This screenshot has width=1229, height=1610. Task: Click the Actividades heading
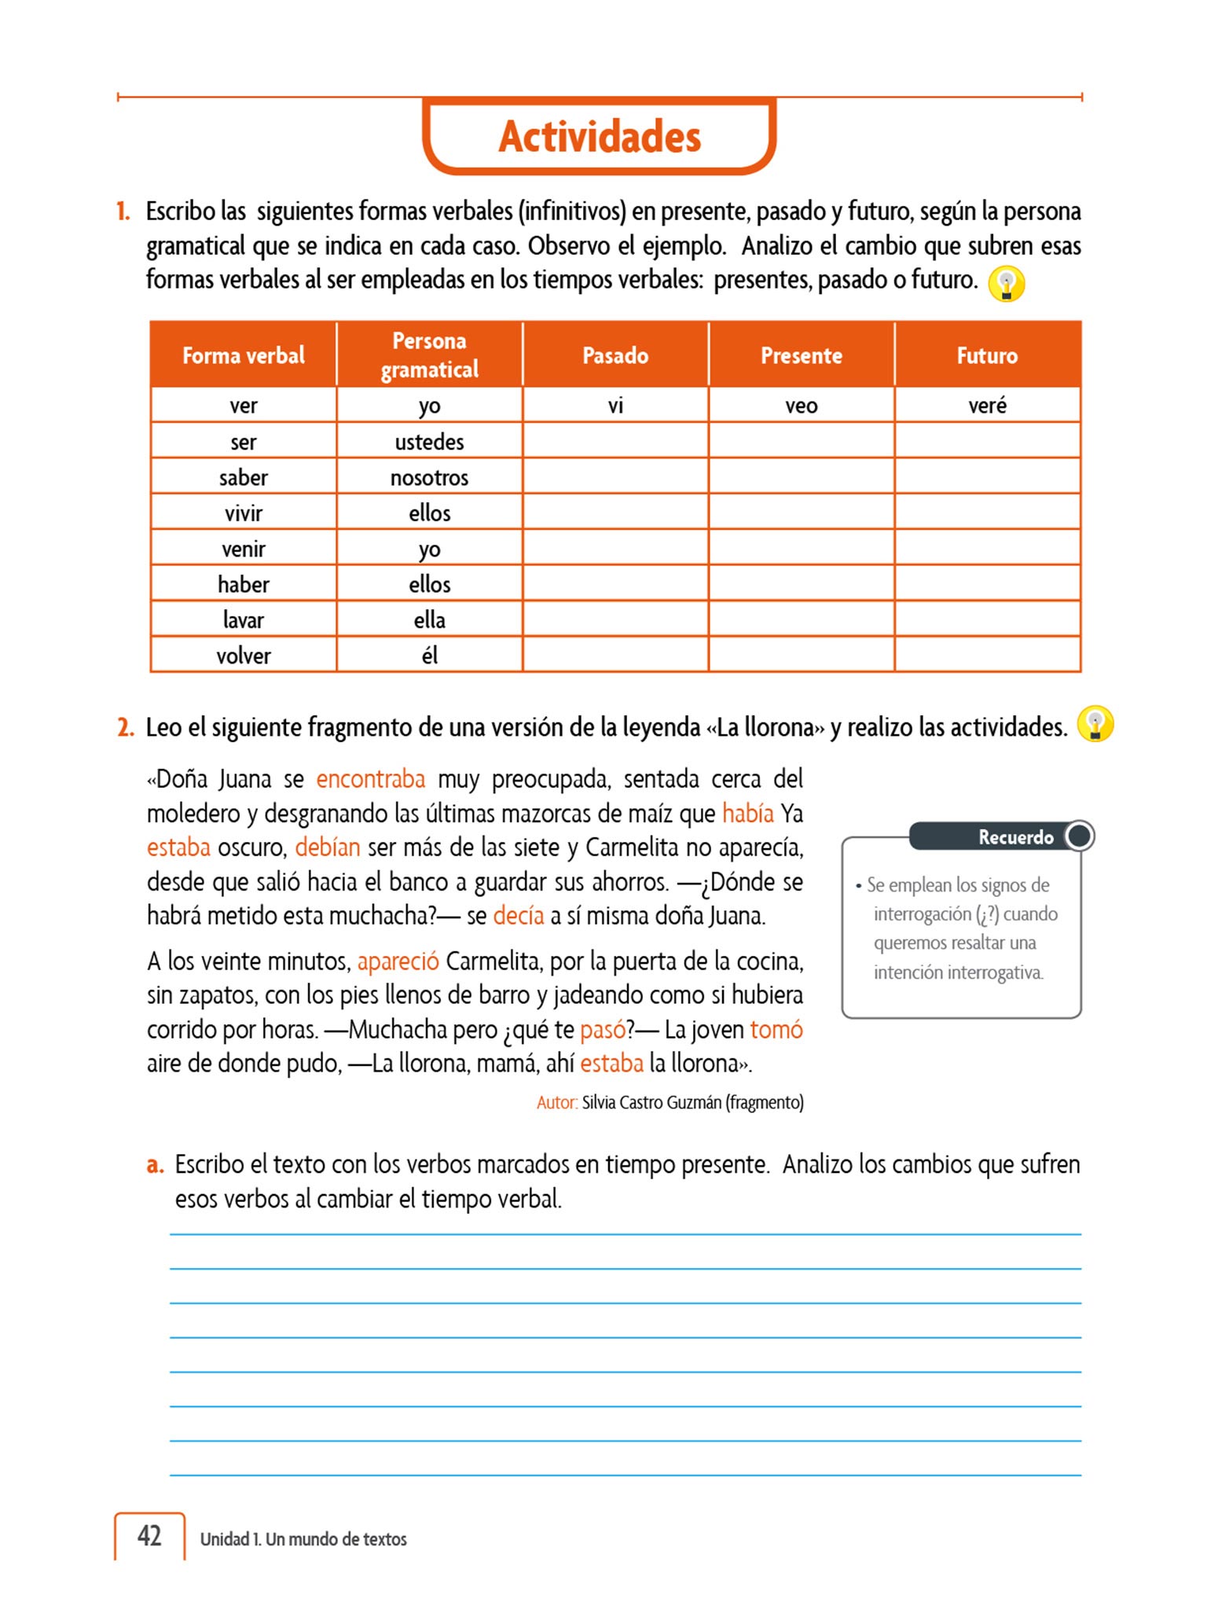pos(600,137)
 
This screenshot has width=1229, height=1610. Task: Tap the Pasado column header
pos(615,355)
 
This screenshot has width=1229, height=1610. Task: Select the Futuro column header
pos(987,355)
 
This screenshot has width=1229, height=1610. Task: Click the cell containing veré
pos(987,406)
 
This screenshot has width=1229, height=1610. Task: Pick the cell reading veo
pos(801,406)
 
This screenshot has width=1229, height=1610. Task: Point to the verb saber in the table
pos(244,477)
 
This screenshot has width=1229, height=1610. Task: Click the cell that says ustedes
pos(429,442)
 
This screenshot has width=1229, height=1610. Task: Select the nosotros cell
pos(429,477)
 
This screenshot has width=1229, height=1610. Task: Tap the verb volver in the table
pos(244,656)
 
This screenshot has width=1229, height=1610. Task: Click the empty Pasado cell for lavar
pos(615,619)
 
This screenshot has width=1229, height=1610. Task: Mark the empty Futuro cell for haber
pos(987,584)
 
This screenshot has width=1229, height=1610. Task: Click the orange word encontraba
pos(370,779)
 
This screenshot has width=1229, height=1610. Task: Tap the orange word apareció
pos(398,961)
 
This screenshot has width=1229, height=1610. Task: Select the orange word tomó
pos(776,1029)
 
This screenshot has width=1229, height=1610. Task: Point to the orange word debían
pos(328,847)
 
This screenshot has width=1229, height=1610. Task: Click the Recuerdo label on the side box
pos(1015,837)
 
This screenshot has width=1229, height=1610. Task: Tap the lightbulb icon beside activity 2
pos(1095,724)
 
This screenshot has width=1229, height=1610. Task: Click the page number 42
pos(149,1536)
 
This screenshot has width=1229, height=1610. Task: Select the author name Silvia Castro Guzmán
pos(651,1102)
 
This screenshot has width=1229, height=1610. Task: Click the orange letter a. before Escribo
pos(155,1164)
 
